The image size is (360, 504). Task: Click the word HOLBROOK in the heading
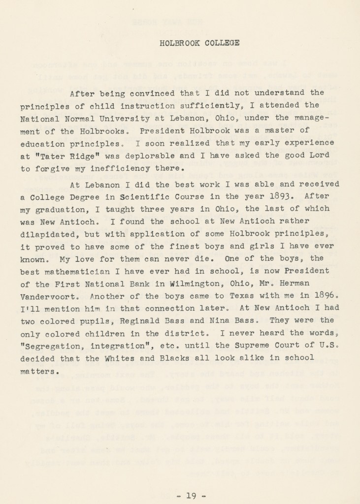point(179,43)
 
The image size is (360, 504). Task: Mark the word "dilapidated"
point(48,234)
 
